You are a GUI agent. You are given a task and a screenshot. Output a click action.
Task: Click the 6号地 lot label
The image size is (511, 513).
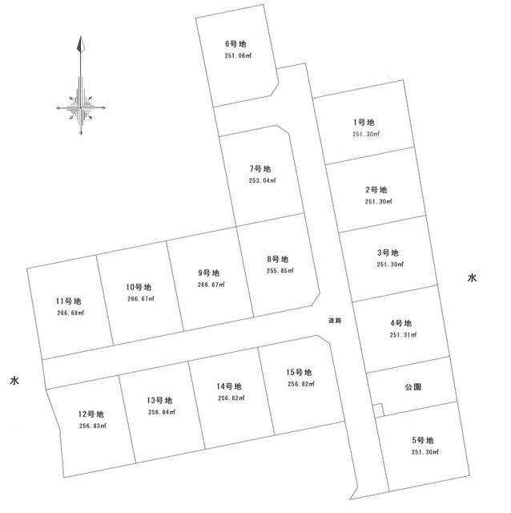click(x=235, y=44)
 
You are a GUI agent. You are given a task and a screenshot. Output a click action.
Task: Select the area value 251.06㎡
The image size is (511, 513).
click(x=238, y=55)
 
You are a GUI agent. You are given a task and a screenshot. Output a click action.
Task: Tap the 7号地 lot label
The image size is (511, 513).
click(x=260, y=169)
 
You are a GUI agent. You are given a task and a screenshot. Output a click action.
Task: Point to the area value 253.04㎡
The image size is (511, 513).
click(x=262, y=180)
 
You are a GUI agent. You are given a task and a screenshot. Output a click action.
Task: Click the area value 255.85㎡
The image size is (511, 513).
click(x=280, y=271)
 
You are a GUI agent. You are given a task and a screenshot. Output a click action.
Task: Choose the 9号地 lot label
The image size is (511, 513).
click(x=208, y=273)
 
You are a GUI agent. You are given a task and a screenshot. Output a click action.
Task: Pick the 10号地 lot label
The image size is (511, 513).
click(x=139, y=287)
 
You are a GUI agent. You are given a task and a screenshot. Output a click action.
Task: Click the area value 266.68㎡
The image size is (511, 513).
click(x=70, y=313)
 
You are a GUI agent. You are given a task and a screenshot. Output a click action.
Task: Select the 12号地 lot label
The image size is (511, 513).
click(x=91, y=414)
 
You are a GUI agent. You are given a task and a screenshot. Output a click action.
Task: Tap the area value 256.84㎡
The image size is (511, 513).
click(x=162, y=412)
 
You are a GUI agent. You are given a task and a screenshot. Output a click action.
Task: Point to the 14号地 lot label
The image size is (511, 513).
click(x=229, y=386)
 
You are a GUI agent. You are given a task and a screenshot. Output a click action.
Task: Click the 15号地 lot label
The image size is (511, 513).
click(x=299, y=372)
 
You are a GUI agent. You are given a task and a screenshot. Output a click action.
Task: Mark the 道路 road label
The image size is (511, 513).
click(x=335, y=321)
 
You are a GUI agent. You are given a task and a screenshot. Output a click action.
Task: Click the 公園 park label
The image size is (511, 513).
click(x=413, y=387)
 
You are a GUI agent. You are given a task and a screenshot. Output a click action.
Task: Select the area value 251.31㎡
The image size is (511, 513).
click(x=403, y=335)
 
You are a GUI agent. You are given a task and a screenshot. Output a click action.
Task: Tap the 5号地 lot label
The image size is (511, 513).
click(x=423, y=440)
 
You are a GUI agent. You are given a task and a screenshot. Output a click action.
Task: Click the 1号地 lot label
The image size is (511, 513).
click(x=364, y=123)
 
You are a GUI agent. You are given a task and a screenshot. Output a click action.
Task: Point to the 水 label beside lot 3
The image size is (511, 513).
click(x=472, y=278)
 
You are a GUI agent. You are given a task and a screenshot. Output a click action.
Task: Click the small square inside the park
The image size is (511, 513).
click(x=378, y=410)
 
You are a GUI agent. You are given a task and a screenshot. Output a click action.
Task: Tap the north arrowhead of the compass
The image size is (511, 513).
click(x=80, y=44)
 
